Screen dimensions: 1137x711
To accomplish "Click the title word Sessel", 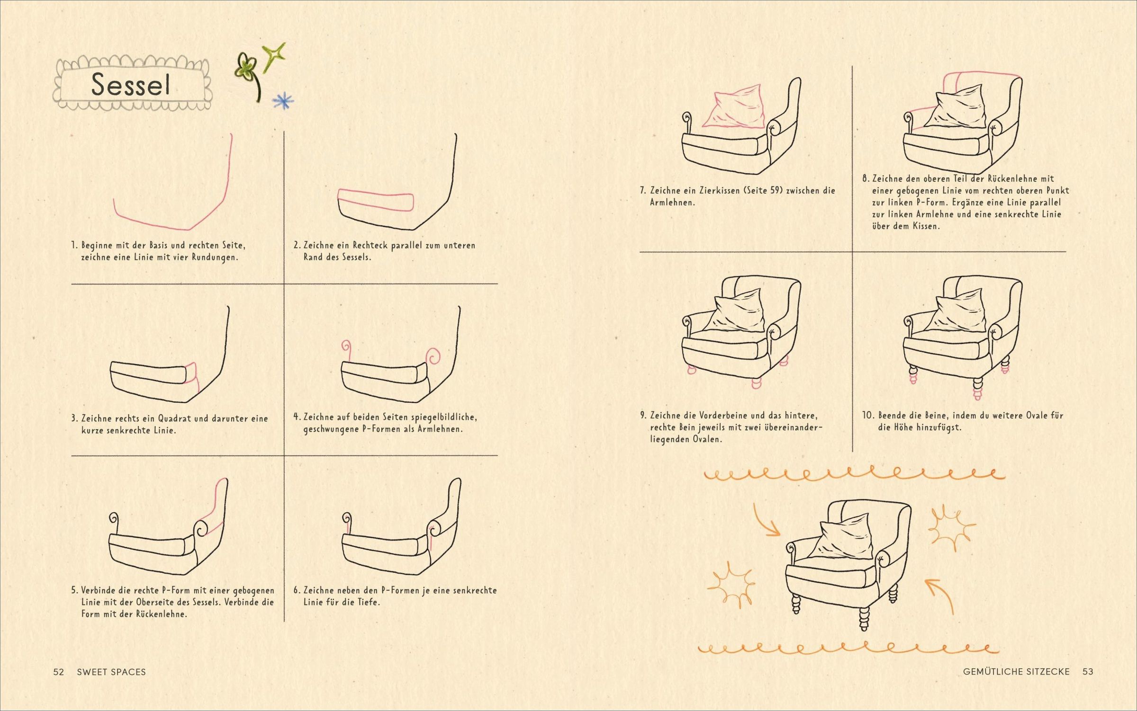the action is [130, 85].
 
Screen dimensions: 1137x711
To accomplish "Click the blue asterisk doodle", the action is [283, 100].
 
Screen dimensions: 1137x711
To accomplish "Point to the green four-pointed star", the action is [274, 56].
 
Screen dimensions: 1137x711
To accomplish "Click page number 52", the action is [58, 672].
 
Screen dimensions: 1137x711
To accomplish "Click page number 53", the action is [1088, 671].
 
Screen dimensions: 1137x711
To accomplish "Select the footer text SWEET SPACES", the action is [111, 672].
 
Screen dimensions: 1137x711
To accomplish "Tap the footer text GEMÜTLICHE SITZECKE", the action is [1016, 671].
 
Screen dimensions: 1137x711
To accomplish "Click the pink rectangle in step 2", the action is [376, 199].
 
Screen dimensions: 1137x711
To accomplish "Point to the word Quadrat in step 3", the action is [174, 418].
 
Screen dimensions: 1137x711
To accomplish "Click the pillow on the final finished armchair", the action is [846, 537].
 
